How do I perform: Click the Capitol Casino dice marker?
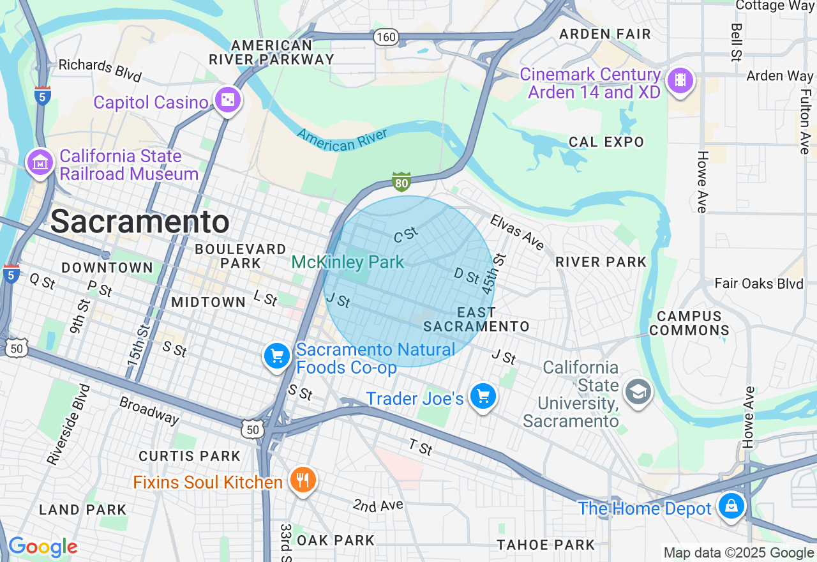[227, 100]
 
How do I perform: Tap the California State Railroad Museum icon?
[40, 163]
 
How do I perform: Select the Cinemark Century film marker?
[680, 81]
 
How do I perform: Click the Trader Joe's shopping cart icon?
[483, 397]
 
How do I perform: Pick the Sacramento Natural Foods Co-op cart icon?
[277, 356]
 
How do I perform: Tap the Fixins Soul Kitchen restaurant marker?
[303, 480]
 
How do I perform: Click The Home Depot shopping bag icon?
[731, 506]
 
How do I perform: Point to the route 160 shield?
[386, 37]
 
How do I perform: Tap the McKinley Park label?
[348, 262]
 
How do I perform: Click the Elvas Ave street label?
[517, 232]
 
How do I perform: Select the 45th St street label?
[488, 274]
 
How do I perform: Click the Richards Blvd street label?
[100, 70]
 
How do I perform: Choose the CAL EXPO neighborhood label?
[606, 142]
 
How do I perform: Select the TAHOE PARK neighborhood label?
[546, 545]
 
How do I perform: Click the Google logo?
[43, 547]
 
